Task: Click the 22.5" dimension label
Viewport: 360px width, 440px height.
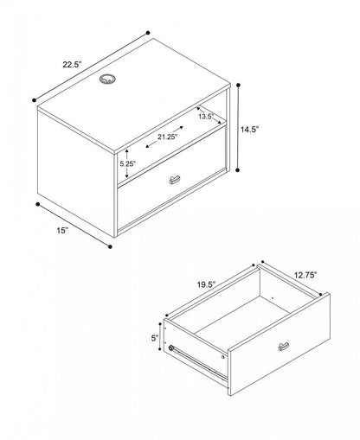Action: (x=73, y=65)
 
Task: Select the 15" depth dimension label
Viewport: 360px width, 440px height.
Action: (x=62, y=231)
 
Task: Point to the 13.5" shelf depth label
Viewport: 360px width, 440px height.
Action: (x=206, y=117)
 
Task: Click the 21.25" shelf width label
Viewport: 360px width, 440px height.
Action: (x=167, y=137)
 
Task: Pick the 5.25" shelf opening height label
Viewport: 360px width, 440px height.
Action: (x=128, y=163)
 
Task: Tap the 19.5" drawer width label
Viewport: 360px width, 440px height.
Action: (x=207, y=284)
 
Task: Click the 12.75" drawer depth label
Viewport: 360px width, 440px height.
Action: (x=305, y=275)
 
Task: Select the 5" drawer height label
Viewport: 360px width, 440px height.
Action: (x=155, y=338)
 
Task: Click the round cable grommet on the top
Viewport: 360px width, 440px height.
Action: (x=107, y=79)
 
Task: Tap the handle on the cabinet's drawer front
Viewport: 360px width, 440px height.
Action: (x=174, y=180)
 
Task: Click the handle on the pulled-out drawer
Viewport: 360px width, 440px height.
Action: (x=284, y=347)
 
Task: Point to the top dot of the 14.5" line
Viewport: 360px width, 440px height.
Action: (x=238, y=85)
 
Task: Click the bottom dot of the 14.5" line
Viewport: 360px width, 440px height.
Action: (x=238, y=170)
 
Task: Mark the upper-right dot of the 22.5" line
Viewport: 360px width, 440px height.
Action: (x=148, y=33)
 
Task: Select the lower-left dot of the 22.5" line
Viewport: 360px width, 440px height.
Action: (x=34, y=100)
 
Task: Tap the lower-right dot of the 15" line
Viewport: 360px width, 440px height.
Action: (x=110, y=246)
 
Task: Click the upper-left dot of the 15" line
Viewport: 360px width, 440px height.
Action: (x=37, y=204)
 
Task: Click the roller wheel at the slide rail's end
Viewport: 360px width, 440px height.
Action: (x=171, y=348)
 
